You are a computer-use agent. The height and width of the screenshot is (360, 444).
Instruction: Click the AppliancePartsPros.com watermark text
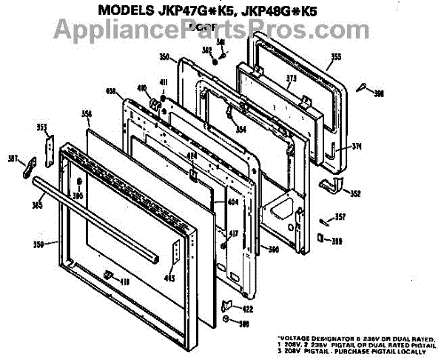click(x=222, y=30)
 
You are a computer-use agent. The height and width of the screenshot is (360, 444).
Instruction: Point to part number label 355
click(x=336, y=57)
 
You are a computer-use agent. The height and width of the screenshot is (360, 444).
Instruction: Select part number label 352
click(x=356, y=194)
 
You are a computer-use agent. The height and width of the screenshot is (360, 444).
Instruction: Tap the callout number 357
click(x=340, y=217)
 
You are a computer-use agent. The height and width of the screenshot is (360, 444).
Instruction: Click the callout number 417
click(x=233, y=234)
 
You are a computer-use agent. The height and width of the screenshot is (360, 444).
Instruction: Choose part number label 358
click(x=87, y=113)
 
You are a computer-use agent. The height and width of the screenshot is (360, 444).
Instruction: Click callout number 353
click(x=42, y=127)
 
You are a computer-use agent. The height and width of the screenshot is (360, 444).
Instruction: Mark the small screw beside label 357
click(x=324, y=220)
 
